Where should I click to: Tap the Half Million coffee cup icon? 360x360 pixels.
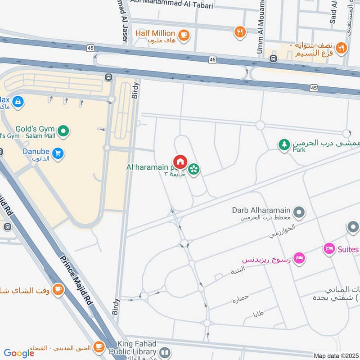click(183, 34)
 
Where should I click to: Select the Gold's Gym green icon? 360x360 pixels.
click(64, 131)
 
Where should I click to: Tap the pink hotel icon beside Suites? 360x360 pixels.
click(329, 249)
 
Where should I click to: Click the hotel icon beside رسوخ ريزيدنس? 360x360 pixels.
click(299, 258)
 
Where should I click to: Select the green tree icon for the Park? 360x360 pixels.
click(283, 145)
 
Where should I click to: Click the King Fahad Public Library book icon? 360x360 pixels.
click(165, 352)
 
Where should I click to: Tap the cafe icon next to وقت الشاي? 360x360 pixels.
click(58, 289)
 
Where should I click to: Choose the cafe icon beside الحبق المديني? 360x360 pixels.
click(99, 347)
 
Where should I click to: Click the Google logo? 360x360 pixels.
click(19, 353)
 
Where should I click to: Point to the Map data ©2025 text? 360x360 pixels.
click(336, 356)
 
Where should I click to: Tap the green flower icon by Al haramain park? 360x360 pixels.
click(194, 170)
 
